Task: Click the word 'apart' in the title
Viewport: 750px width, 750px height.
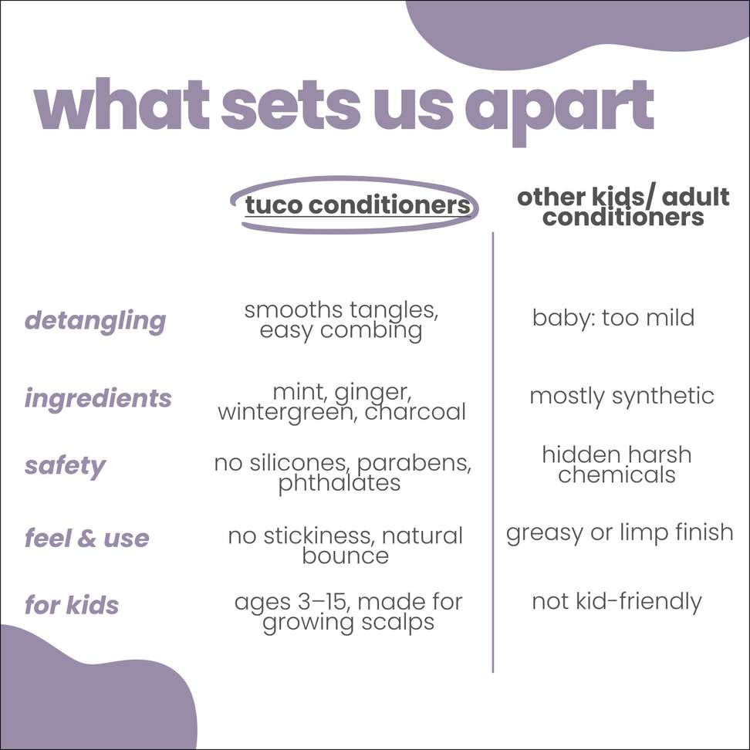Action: [x=559, y=111]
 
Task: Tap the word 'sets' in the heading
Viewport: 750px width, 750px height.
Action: [x=289, y=105]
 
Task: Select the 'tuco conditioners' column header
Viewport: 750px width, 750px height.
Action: [x=357, y=204]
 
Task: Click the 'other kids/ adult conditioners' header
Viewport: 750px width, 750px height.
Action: [x=623, y=207]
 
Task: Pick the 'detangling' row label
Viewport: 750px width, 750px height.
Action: [x=95, y=322]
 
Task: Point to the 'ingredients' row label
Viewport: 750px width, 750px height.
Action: [x=98, y=399]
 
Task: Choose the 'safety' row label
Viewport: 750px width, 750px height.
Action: [x=65, y=466]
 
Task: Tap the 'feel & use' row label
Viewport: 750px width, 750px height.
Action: [x=86, y=539]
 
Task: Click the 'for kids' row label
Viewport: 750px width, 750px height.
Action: [x=72, y=605]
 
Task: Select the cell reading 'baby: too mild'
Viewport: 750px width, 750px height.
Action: [x=613, y=318]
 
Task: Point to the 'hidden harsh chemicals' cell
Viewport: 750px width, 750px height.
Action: [x=617, y=465]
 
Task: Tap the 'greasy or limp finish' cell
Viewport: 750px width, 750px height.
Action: [x=620, y=533]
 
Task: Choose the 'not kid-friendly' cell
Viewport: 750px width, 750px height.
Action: [x=617, y=602]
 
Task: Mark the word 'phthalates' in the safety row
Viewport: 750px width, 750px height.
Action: [x=340, y=483]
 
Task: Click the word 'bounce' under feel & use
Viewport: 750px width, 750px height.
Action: [x=346, y=556]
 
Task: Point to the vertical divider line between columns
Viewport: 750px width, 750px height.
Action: [x=492, y=452]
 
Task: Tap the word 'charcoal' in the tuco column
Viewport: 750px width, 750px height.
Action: [x=415, y=412]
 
